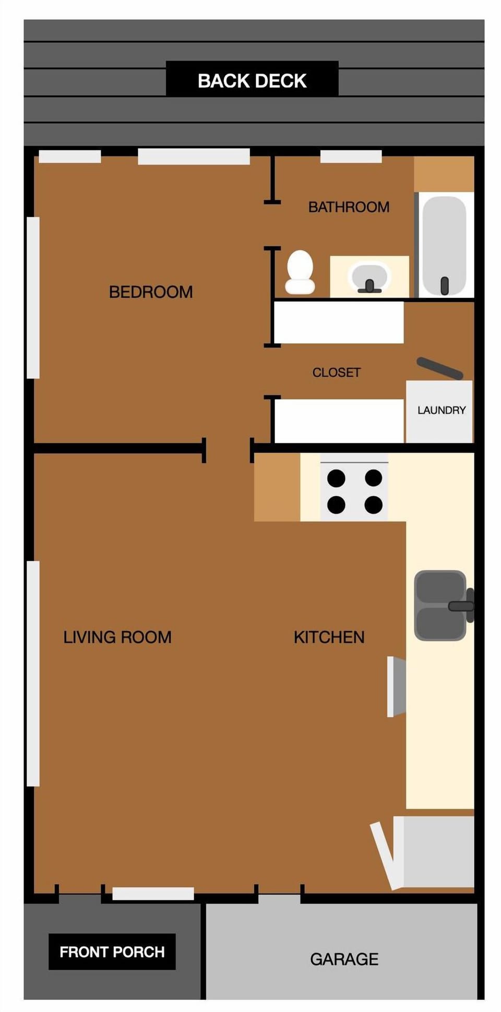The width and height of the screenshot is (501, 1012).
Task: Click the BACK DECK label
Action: tap(252, 81)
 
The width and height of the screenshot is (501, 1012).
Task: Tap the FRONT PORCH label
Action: tap(112, 952)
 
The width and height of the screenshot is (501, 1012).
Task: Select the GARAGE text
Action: tap(344, 959)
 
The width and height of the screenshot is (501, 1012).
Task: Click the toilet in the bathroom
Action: tap(300, 272)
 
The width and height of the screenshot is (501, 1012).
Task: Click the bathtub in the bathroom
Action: tap(444, 245)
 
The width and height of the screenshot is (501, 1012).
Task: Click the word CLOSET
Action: tap(336, 372)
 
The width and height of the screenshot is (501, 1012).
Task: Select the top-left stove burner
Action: tap(336, 478)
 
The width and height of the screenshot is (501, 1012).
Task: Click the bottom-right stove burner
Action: tap(374, 505)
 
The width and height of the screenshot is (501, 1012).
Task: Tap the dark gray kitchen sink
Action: tap(440, 606)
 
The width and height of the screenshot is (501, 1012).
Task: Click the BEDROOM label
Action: tap(151, 292)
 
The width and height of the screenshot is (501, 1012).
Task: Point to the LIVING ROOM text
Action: tap(117, 637)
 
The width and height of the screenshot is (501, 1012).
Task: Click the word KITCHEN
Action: tap(329, 637)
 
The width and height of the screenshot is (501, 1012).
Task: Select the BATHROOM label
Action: tap(349, 207)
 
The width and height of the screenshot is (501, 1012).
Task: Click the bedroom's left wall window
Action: tap(33, 297)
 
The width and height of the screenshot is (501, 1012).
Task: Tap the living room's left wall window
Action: tap(33, 673)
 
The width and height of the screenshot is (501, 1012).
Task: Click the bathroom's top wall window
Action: tap(351, 156)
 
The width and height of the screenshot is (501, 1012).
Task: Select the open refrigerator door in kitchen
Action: tap(386, 856)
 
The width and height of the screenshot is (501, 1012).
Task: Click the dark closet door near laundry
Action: tap(439, 368)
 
